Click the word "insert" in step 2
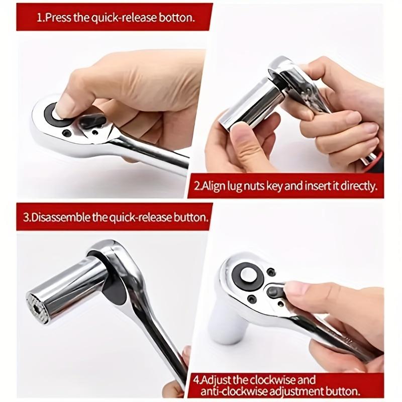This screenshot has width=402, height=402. [x=316, y=186]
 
